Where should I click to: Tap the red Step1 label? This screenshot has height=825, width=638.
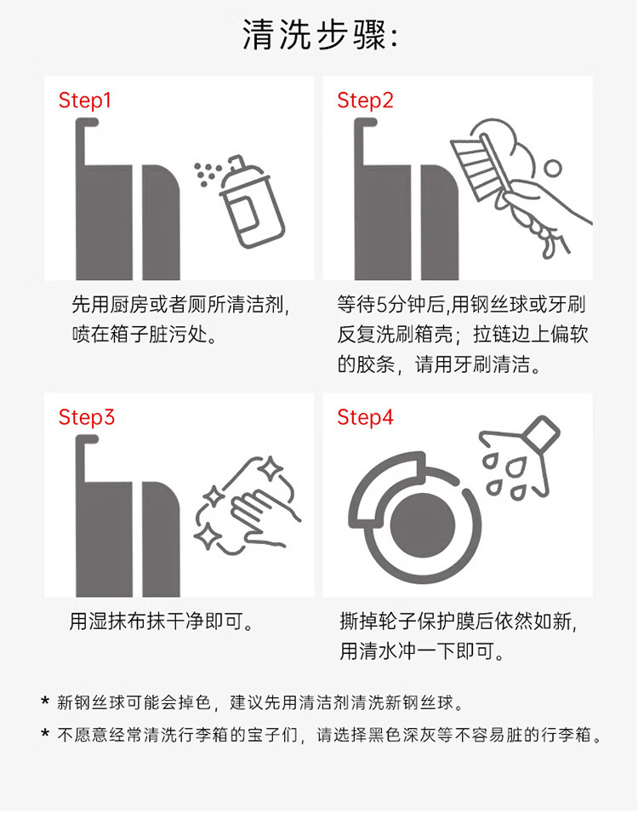point(84,100)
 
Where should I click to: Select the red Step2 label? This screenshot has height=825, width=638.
point(365,100)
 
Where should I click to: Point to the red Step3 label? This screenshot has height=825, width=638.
point(86,418)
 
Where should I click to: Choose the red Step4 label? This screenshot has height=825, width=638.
point(365,418)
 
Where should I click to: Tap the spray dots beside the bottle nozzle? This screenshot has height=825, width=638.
point(207,173)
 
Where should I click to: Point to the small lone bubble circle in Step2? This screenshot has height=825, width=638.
point(552,169)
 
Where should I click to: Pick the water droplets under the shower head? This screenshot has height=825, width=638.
point(504,477)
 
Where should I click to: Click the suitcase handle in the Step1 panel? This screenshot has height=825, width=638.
point(87,142)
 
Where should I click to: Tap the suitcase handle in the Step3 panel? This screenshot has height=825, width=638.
point(87,459)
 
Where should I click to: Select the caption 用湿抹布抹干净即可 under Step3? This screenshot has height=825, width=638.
point(162,622)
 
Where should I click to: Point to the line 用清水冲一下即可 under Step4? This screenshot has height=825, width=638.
point(422,651)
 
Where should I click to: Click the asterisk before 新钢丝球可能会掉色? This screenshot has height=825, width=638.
point(45,702)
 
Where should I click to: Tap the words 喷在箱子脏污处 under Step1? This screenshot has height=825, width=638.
point(145,334)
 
